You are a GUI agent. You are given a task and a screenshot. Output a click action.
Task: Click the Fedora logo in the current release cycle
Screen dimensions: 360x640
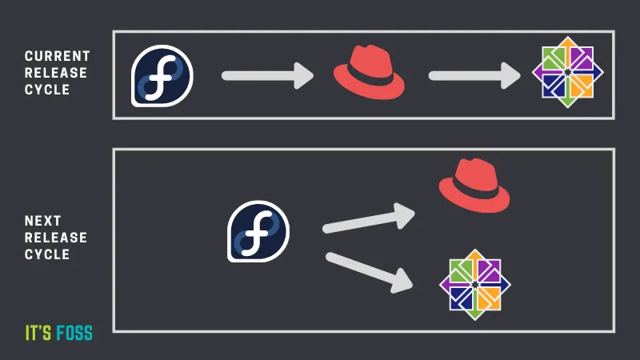point(162,77)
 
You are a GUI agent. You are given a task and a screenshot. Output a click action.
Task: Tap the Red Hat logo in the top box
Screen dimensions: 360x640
point(369,75)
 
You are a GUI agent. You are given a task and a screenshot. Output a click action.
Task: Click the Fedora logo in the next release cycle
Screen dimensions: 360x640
point(258,231)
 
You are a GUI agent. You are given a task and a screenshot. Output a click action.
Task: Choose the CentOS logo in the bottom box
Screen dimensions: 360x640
point(475,283)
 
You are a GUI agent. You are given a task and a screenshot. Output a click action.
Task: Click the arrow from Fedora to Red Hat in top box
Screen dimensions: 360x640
point(268,77)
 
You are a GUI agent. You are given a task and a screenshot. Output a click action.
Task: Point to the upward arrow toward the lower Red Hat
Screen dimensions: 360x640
point(368,219)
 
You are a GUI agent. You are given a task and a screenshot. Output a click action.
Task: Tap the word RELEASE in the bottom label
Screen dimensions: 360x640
point(55,238)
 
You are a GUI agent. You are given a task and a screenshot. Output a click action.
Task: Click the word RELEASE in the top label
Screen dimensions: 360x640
point(55,73)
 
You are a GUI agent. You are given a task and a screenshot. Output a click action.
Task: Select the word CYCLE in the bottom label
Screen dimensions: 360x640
point(45,254)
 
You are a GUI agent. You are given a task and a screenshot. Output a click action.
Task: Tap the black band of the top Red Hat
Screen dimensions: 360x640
point(367,79)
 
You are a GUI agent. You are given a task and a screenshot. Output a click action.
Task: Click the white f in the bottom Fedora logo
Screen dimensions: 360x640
point(258,231)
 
